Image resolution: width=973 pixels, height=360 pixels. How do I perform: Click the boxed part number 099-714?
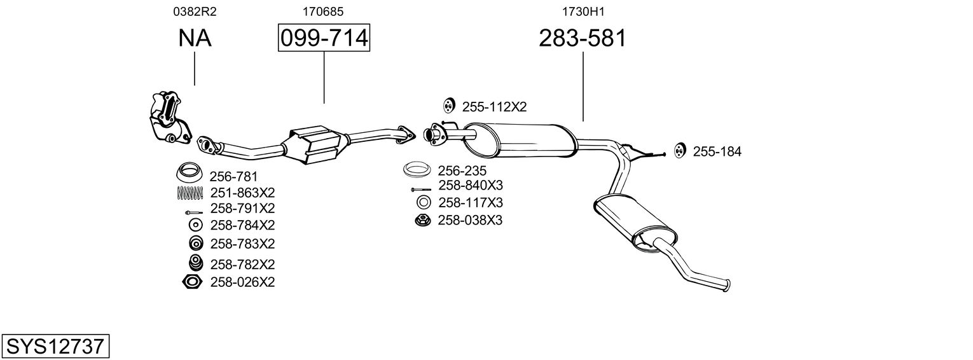click(x=324, y=39)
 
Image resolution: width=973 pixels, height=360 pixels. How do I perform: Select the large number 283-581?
click(x=582, y=39)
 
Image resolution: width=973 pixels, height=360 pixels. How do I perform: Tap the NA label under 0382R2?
click(x=194, y=39)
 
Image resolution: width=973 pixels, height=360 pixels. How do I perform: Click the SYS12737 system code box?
click(x=55, y=346)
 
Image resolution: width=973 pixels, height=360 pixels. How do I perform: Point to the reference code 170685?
click(x=324, y=11)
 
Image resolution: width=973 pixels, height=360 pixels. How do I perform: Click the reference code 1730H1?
click(x=582, y=11)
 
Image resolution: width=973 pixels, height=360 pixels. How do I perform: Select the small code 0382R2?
click(x=194, y=11)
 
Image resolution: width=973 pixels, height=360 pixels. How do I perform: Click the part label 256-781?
click(x=233, y=176)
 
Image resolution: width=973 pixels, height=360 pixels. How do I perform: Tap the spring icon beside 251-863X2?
click(x=190, y=193)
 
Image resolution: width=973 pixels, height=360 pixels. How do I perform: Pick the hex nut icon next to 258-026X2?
click(x=192, y=282)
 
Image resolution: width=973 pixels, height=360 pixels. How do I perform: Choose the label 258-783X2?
click(x=242, y=244)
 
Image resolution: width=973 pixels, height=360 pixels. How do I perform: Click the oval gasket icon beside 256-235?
click(x=417, y=170)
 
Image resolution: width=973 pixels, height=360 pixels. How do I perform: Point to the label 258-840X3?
click(x=471, y=185)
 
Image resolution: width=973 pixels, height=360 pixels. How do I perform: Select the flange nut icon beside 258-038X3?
click(x=422, y=221)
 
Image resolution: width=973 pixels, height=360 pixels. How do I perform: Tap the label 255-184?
click(x=717, y=151)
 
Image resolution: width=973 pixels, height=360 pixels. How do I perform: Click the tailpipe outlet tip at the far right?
click(x=727, y=285)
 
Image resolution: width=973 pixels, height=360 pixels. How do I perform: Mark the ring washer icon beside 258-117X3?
click(x=423, y=203)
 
